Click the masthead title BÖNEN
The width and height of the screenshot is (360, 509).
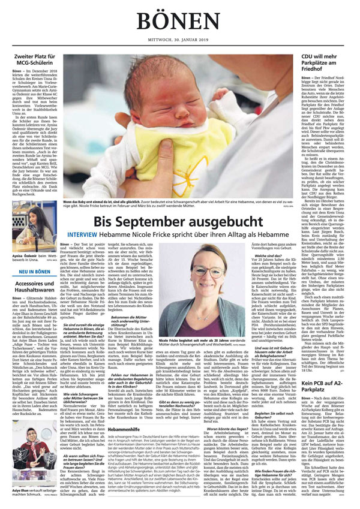(179, 20)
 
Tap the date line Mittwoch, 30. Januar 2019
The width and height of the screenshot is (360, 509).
(179, 40)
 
